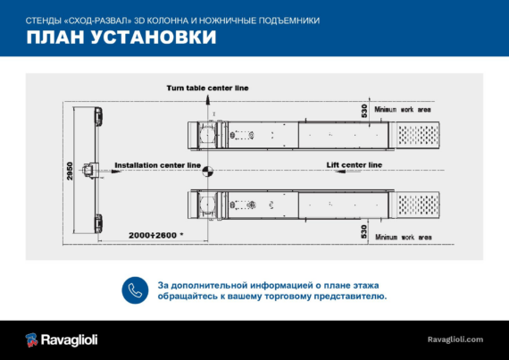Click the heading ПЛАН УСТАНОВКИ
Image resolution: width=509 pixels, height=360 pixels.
(x=121, y=37)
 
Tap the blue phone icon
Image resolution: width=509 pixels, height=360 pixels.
(x=135, y=290)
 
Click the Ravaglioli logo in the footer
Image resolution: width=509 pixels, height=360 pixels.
(x=62, y=339)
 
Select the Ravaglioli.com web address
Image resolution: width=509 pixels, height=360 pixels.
(x=455, y=339)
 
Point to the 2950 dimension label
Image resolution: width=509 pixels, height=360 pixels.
(x=70, y=171)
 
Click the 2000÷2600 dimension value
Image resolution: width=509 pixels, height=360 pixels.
(x=153, y=235)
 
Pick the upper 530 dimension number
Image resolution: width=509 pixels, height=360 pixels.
(x=364, y=111)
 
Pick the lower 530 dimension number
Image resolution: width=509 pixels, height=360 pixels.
(x=364, y=231)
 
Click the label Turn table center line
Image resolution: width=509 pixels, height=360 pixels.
(x=207, y=88)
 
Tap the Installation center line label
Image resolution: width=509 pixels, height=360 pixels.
(x=157, y=165)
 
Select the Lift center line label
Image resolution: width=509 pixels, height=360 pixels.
(x=355, y=165)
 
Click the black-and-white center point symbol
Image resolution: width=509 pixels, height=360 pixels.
(x=208, y=172)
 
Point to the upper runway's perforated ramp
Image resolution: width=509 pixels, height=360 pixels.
(x=415, y=135)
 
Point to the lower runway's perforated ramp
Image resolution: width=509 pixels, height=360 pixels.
(x=416, y=205)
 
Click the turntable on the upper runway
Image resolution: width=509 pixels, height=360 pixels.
(x=207, y=135)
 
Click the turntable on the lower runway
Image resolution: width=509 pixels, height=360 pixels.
(x=207, y=205)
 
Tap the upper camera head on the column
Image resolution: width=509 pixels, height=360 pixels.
(x=98, y=116)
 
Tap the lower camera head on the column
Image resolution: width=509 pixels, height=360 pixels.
(x=98, y=223)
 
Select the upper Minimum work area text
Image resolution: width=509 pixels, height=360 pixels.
(x=403, y=109)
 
